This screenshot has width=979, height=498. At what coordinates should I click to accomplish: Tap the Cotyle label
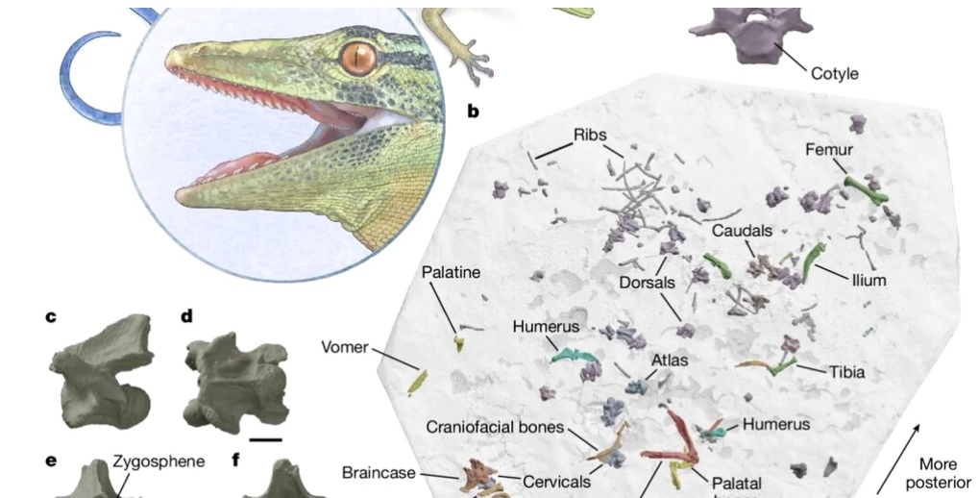pyautogui.click(x=834, y=73)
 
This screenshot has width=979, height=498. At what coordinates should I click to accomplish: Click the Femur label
pyautogui.click(x=830, y=150)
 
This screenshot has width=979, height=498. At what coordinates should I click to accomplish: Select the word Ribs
pyautogui.click(x=589, y=135)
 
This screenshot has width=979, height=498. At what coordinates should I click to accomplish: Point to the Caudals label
pyautogui.click(x=742, y=231)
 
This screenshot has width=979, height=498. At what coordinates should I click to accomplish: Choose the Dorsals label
pyautogui.click(x=646, y=284)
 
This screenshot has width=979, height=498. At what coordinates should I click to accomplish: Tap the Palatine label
pyautogui.click(x=451, y=273)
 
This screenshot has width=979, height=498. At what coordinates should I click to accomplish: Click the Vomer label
pyautogui.click(x=345, y=347)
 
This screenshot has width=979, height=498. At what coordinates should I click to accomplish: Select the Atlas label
pyautogui.click(x=670, y=361)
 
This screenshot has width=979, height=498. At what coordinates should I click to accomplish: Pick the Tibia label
pyautogui.click(x=846, y=371)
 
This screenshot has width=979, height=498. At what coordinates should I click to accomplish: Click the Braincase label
pyautogui.click(x=379, y=472)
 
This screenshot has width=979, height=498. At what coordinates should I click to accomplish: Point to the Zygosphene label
pyautogui.click(x=159, y=461)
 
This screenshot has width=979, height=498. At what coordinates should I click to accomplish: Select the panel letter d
pyautogui.click(x=186, y=315)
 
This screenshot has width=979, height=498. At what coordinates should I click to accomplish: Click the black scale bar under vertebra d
pyautogui.click(x=270, y=439)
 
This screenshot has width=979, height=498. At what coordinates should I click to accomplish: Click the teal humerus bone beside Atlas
pyautogui.click(x=575, y=359)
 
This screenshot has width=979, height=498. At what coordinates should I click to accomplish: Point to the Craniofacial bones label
pyautogui.click(x=494, y=428)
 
